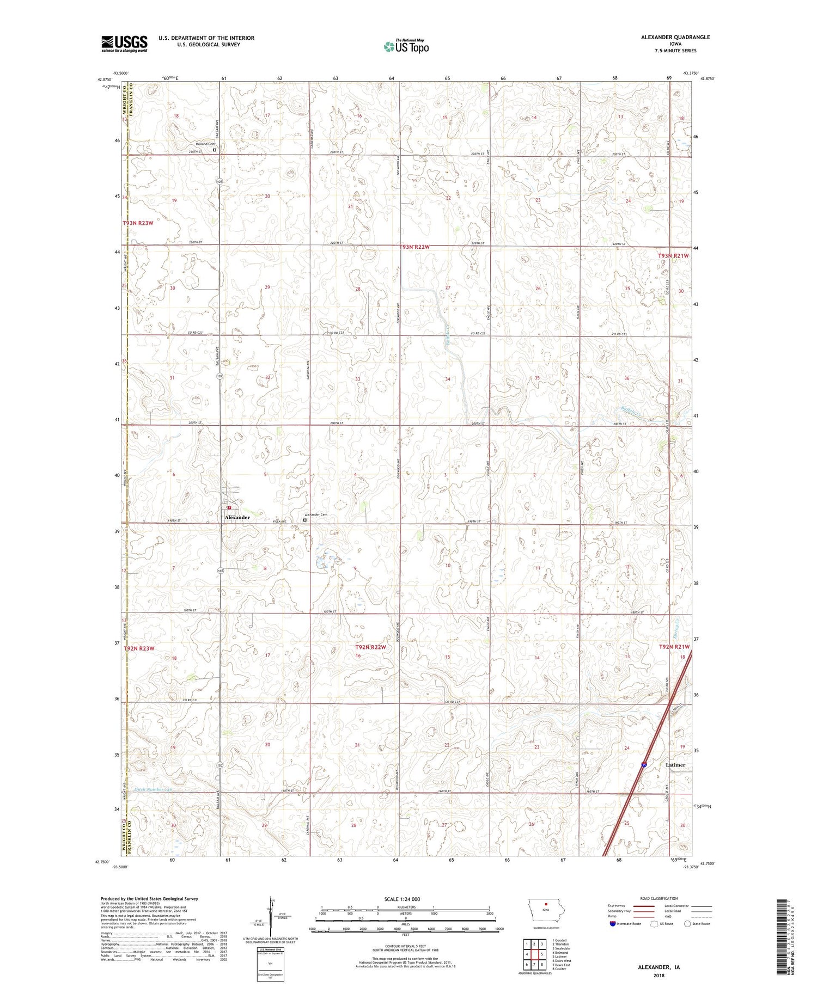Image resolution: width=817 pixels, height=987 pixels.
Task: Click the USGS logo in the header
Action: pos(124,44)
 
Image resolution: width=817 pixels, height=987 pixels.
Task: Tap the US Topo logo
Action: pos(406,46)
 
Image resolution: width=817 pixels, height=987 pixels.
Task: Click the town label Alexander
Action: pos(237,517)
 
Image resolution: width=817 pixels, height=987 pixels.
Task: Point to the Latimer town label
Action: pos(675,765)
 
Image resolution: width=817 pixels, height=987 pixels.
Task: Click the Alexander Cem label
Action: pos(316,514)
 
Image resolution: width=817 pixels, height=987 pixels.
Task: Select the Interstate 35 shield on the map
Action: pos(644,764)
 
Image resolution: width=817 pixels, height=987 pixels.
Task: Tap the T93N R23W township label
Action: pos(138,223)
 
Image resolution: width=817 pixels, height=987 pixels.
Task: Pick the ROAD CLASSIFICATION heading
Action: pos(659,898)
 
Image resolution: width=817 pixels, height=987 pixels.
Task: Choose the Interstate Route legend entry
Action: pos(626,924)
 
